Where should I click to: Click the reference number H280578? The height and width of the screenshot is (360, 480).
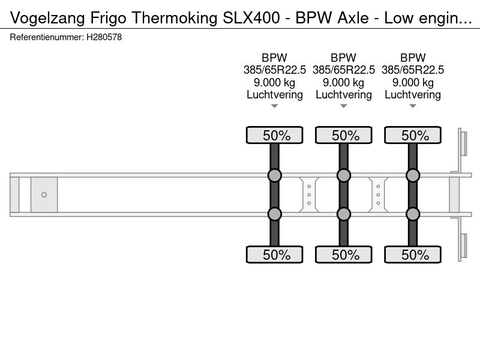point(104,37)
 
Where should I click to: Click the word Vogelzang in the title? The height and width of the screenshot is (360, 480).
point(47,18)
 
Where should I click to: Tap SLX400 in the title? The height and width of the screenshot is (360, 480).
point(251,18)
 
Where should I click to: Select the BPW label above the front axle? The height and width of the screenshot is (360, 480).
point(274,58)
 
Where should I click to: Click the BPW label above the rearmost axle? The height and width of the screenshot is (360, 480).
point(413,58)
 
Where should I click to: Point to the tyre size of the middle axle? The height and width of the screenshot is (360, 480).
point(343,70)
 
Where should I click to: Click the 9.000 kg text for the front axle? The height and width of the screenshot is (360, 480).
point(274,82)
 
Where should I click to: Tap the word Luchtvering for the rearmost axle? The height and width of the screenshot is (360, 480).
point(413,95)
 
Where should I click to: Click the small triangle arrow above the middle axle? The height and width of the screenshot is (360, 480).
point(343,106)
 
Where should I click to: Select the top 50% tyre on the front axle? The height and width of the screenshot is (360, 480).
point(275,135)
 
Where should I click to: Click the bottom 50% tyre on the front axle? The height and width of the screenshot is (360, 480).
point(275,254)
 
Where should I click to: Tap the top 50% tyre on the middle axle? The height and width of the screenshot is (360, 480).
point(343,135)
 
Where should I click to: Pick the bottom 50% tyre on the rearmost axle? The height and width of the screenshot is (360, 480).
point(413,254)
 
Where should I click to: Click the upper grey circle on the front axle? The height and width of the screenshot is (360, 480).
point(275,175)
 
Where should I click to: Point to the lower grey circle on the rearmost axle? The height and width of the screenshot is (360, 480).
point(413,214)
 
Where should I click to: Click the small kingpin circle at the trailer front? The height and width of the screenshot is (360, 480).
point(44,194)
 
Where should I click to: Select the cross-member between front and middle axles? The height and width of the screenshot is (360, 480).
point(309,194)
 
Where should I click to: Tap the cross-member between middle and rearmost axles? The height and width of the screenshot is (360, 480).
point(378,194)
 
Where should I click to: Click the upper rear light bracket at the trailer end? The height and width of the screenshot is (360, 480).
point(463,143)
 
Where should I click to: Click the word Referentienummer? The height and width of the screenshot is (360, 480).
point(47,37)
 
